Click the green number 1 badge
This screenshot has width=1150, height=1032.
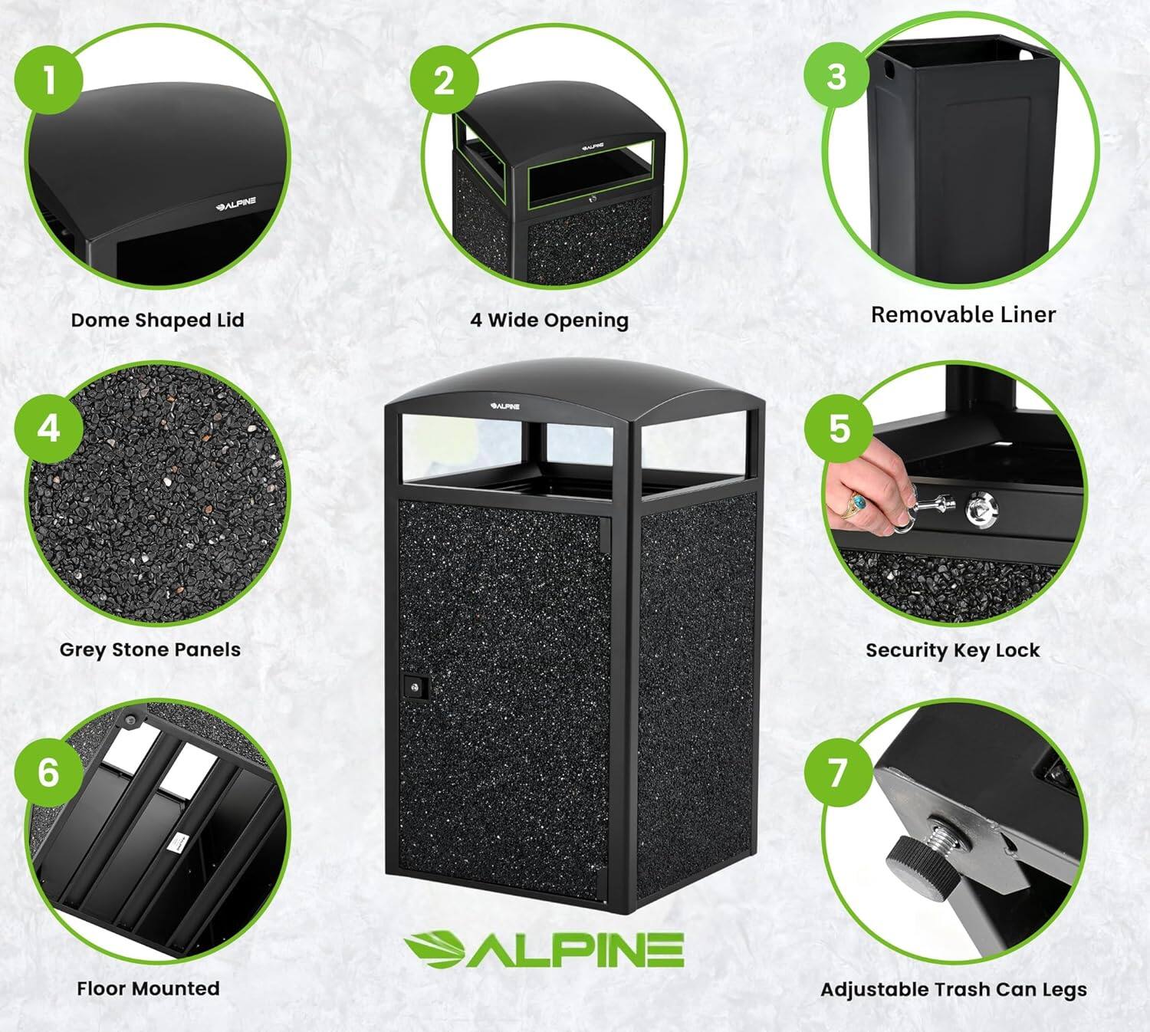coord(48,80)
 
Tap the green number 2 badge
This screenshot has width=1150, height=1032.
coord(444,80)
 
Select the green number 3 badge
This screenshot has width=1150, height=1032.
coord(836,76)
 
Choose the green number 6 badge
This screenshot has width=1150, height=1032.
coord(48,772)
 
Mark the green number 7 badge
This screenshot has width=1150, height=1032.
coord(839,772)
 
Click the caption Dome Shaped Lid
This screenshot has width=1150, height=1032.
coord(157,320)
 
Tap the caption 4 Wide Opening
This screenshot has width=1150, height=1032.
coord(549,320)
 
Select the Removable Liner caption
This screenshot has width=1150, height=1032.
coord(963,314)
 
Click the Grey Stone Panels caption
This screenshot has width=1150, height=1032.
coord(150,649)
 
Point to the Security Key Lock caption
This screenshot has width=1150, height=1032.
coord(952,650)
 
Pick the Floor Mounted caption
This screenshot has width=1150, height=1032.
coord(148,988)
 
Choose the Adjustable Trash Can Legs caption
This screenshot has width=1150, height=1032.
coord(954,990)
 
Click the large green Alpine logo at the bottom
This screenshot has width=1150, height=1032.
coord(544,950)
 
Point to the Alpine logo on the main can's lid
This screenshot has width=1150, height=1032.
coord(505,405)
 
